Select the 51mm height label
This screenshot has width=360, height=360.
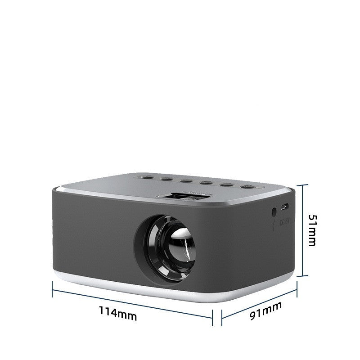[312, 230]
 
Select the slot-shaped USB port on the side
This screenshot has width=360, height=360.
[284, 207]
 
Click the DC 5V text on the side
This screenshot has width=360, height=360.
[283, 222]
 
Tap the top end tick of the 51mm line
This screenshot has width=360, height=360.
[303, 184]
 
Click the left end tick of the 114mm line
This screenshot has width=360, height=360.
[53, 289]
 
